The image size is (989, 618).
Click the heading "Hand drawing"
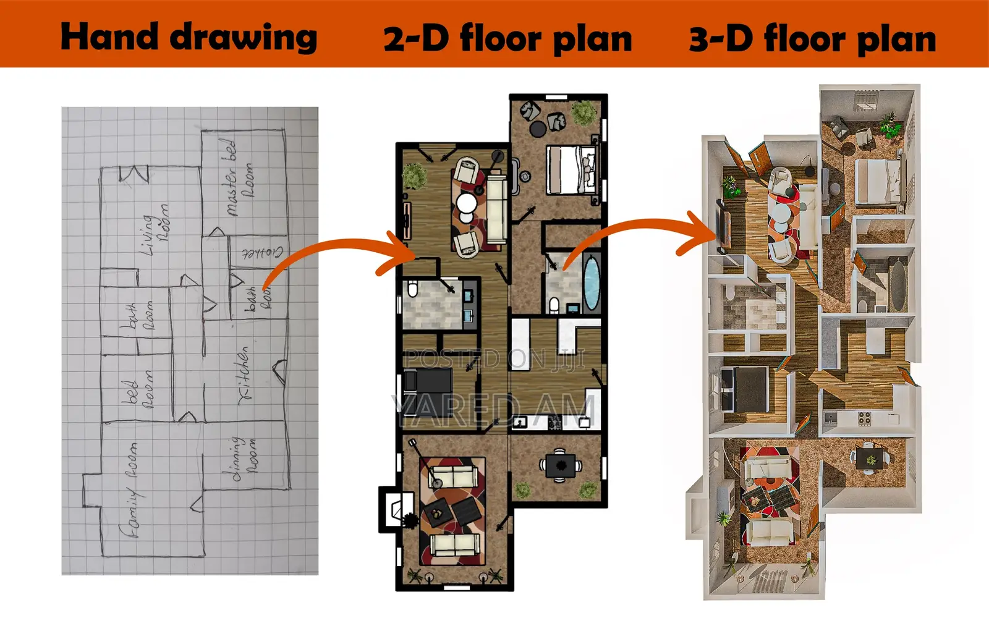coord(189,36)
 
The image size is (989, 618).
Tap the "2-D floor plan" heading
coord(507,38)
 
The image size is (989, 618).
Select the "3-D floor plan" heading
coord(812,38)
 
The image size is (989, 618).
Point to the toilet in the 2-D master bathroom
coord(554,305)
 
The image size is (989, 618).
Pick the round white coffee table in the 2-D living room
coord(467,203)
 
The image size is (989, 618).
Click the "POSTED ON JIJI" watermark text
coord(494,358)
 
